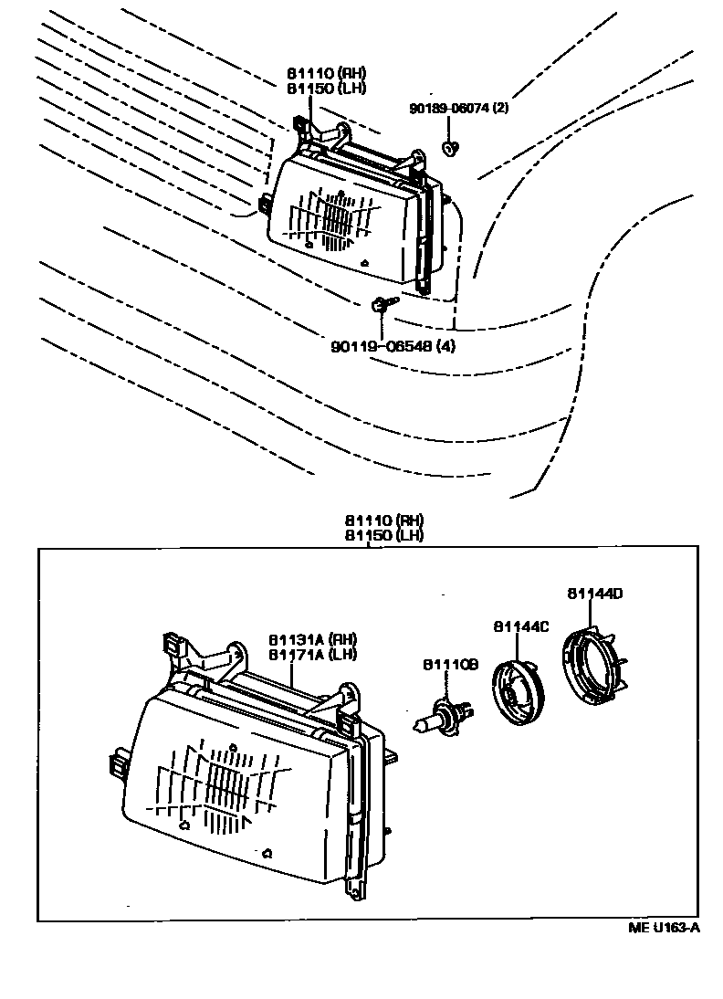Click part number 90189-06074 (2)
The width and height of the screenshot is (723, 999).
[x=458, y=109]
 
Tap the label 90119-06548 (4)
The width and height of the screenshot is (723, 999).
[x=393, y=347]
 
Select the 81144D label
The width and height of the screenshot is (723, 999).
[x=594, y=594]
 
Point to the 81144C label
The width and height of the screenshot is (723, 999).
[x=521, y=626]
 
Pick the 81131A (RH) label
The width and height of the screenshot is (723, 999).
[x=312, y=639]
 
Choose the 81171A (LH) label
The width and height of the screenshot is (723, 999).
[x=312, y=654]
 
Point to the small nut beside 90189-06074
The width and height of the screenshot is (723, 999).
[x=449, y=147]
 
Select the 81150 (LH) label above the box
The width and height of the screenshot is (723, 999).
[x=384, y=535]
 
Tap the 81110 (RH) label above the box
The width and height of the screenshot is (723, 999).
[x=384, y=521]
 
